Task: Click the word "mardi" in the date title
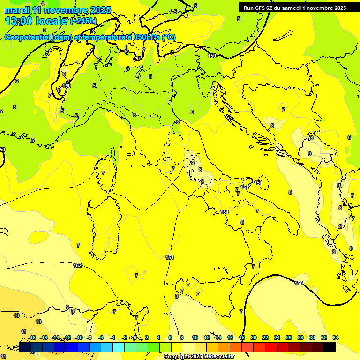pos(15,10)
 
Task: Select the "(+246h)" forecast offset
pos(83,21)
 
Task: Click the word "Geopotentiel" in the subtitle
pos(28,37)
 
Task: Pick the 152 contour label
pos(77,265)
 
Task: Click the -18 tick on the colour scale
pos(32,337)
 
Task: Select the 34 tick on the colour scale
pos(336,337)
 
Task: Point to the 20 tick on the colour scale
pos(254,337)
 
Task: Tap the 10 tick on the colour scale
pos(195,337)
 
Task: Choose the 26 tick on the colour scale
pos(289,337)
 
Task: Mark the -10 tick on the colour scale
pos(79,337)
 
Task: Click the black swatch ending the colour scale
pos(330,347)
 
